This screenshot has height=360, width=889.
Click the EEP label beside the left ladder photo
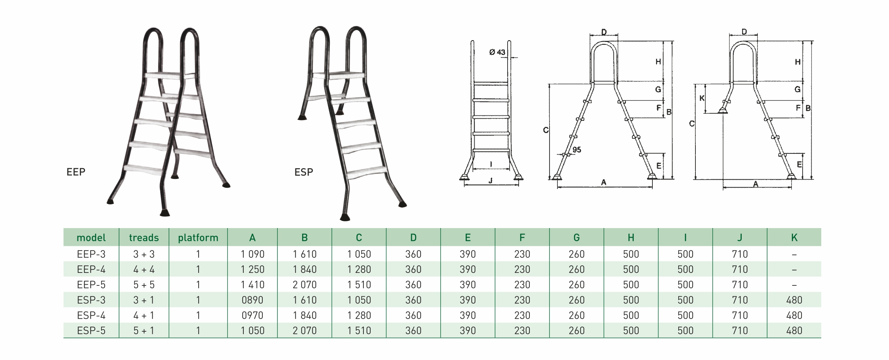[76, 172]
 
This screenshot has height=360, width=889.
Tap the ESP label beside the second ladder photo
[304, 172]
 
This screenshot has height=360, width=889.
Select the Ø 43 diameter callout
[497, 52]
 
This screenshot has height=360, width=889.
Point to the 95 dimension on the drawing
[577, 150]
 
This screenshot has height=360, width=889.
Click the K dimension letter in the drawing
[702, 98]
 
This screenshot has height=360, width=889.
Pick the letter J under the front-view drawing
[490, 181]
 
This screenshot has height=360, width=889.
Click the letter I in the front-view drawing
[491, 165]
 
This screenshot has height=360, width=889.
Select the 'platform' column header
[198, 238]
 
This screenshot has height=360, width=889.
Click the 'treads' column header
[144, 238]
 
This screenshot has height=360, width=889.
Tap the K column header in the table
[794, 238]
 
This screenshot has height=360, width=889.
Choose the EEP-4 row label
[91, 269]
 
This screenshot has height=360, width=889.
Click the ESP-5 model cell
[91, 331]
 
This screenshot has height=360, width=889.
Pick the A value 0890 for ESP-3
[252, 300]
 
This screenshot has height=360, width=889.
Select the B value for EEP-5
[305, 285]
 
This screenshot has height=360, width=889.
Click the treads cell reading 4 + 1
[144, 316]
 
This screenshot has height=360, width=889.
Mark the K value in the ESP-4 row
[794, 316]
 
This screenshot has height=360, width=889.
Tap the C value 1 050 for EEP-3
[359, 254]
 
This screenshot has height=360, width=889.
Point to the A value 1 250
[252, 269]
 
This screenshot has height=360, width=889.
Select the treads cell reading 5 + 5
[144, 285]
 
